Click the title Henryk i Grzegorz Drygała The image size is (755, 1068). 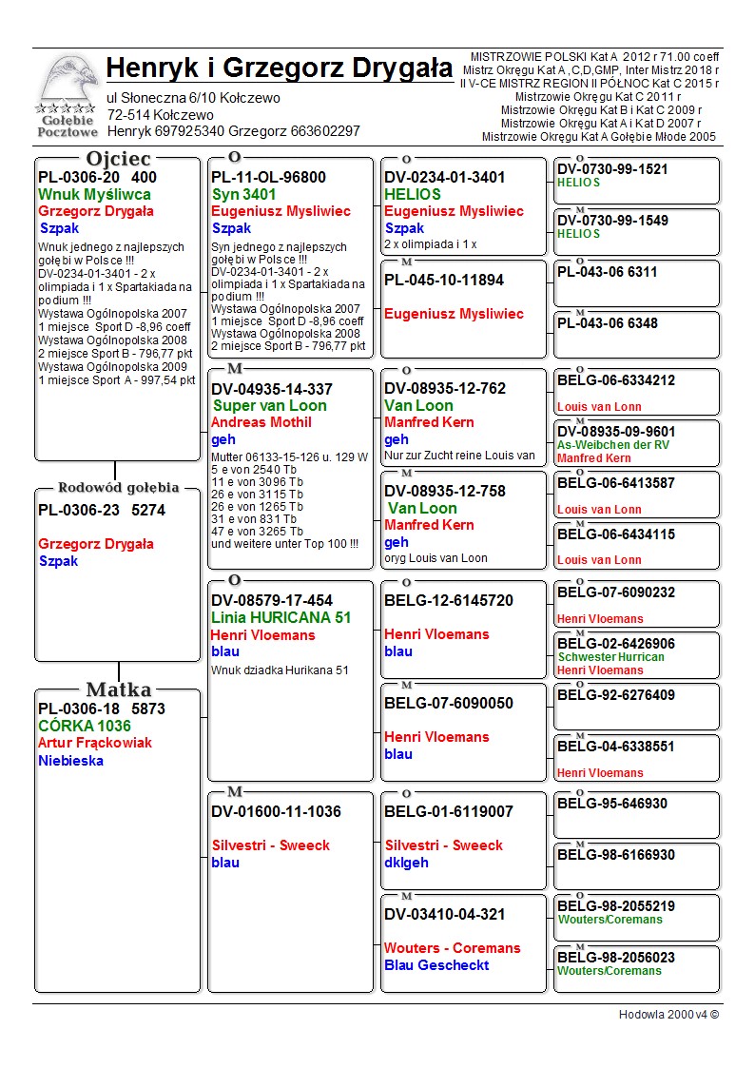coord(280,68)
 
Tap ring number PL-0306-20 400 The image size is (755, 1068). coord(97,177)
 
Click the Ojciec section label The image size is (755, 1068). coord(118,159)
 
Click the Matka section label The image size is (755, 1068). coord(118,689)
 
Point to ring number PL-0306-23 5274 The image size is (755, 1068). coord(102,510)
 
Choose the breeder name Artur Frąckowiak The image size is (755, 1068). coord(95,743)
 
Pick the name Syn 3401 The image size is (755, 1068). coord(243,194)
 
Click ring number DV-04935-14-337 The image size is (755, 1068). coord(272,389)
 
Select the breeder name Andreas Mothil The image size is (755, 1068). coord(261,422)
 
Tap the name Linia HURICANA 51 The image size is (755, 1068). coord(281,617)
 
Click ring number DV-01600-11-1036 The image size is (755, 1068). coord(276,812)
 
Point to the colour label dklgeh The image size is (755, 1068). coord(406,863)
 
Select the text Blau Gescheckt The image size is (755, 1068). coord(436,965)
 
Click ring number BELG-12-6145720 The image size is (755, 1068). coord(449,601)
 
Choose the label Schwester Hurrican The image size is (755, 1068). coord(610,657)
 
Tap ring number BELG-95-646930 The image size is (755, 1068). coord(612,804)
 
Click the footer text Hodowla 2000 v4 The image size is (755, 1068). coord(668,1015)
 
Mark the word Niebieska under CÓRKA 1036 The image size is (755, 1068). coord(71,761)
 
